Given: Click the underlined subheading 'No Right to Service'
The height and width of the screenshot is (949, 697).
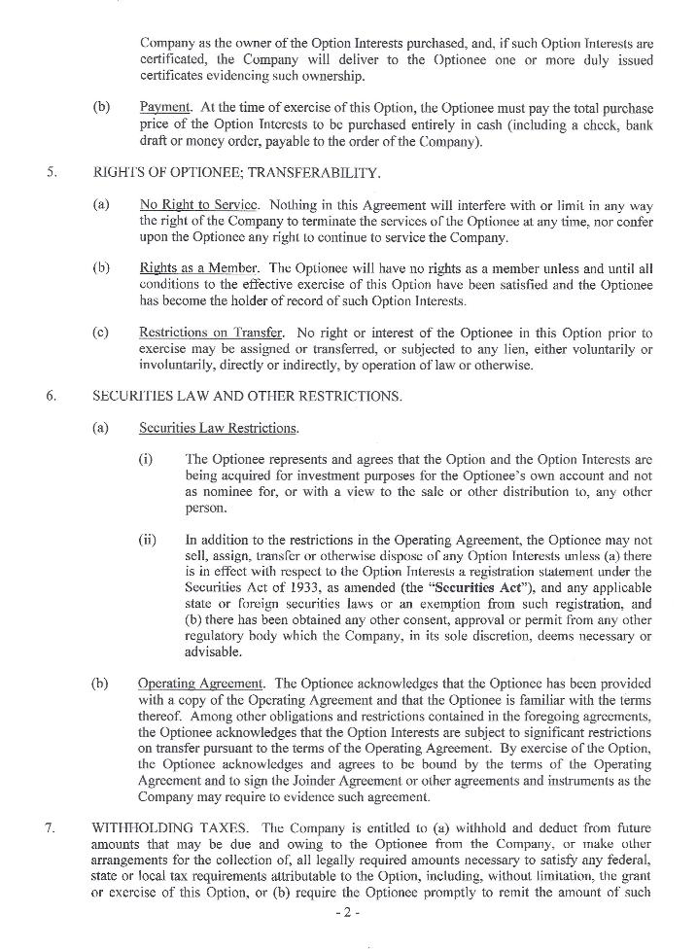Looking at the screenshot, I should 198,206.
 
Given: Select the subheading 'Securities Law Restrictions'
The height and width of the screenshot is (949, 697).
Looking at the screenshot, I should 218,429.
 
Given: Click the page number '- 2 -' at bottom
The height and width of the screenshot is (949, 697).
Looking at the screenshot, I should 347,913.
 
